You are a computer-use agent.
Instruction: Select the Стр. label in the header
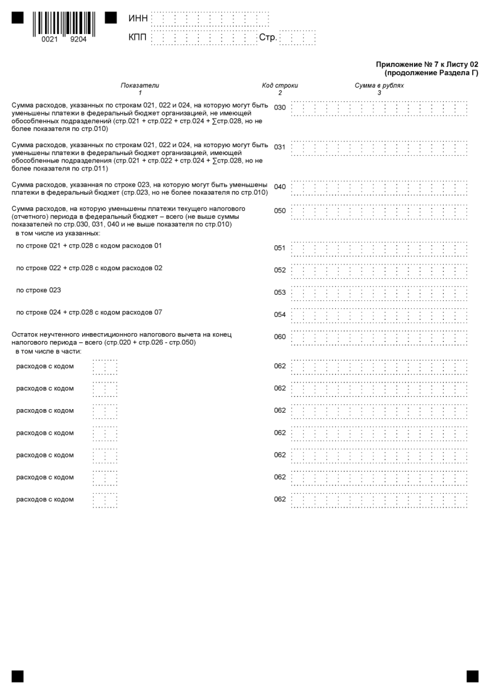(x=268, y=38)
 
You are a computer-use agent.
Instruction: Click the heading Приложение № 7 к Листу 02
(x=427, y=64)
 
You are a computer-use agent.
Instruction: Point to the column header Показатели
(x=140, y=85)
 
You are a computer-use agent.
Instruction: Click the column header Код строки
(x=280, y=85)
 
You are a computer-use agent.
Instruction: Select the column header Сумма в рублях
(x=379, y=85)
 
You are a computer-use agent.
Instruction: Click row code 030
(x=280, y=108)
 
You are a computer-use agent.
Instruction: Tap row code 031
(x=280, y=147)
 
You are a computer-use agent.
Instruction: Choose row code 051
(x=280, y=248)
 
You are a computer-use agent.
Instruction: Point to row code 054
(x=280, y=315)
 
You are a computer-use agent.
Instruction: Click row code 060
(x=280, y=337)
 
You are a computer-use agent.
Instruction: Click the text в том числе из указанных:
(x=58, y=233)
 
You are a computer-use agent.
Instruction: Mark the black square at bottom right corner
(x=472, y=675)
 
